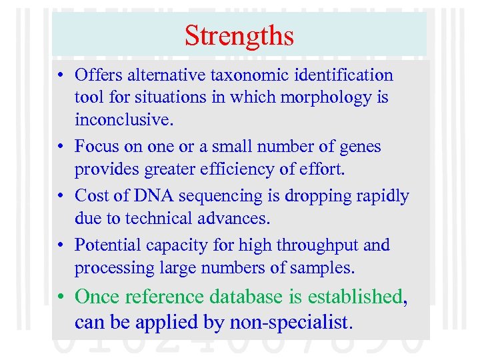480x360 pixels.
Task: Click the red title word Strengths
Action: (x=239, y=35)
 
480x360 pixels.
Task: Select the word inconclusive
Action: (x=121, y=120)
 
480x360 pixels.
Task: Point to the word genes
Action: (x=360, y=146)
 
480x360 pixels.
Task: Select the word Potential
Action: (x=105, y=245)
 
